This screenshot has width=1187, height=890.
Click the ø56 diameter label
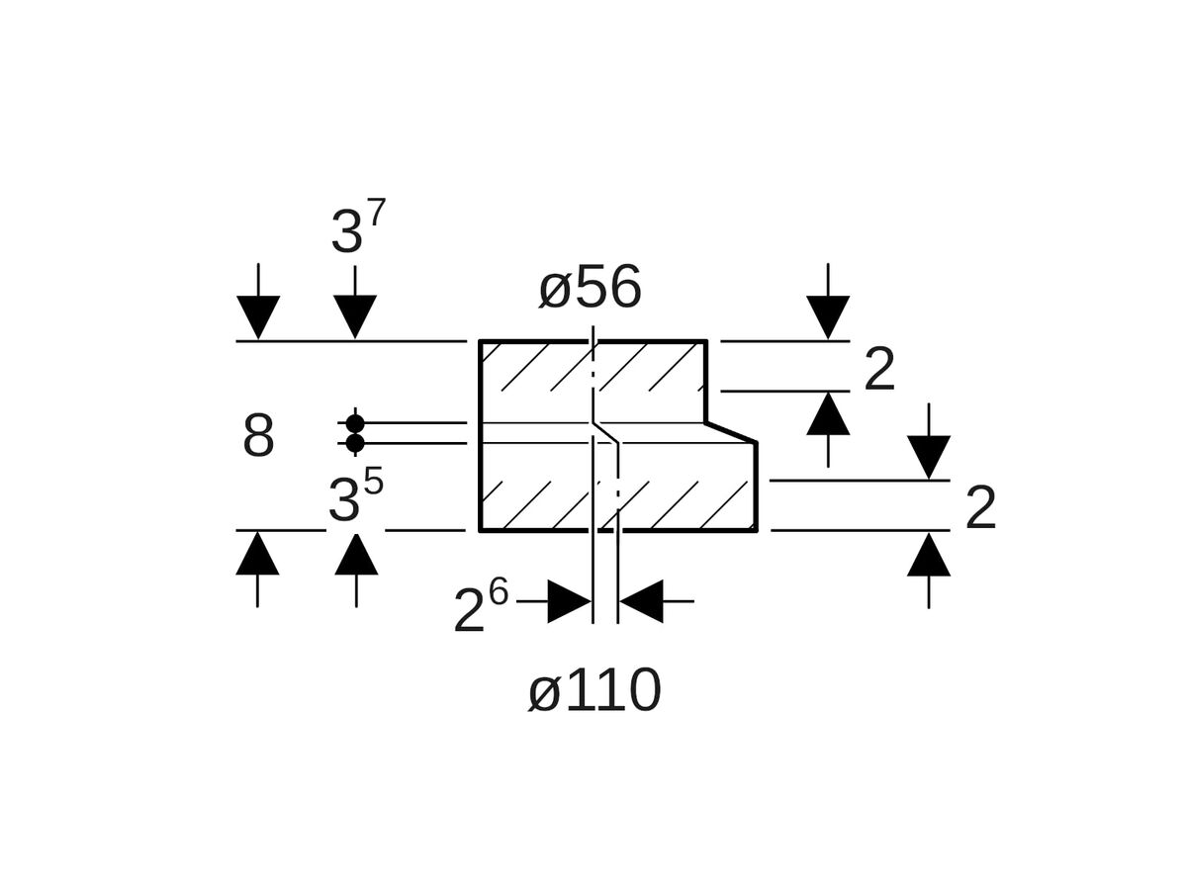pos(590,288)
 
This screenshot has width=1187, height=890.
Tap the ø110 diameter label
pos(594,690)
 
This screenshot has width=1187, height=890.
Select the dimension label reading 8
pos(258,435)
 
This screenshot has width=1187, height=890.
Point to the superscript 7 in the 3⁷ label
pos(376,213)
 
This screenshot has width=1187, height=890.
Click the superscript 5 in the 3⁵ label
pos(373,482)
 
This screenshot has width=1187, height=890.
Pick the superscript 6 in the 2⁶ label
pos(498,592)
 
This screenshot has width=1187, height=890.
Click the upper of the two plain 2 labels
pos(879,370)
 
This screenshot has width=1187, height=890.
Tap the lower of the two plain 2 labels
pos(980,508)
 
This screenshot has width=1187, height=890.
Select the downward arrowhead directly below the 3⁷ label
pos(355,316)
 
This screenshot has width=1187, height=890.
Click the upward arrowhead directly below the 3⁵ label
pos(356,555)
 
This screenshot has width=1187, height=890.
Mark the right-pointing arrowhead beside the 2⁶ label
pos(569,601)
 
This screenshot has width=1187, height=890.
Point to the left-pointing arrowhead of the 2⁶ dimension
pos(642,601)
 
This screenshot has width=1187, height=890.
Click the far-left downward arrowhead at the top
pos(258,316)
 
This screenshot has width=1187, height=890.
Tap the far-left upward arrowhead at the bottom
pos(257,554)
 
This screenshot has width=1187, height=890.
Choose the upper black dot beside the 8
pos(355,423)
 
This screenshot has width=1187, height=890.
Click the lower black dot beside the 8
pos(355,443)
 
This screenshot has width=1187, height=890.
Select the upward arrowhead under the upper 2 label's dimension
pos(828,414)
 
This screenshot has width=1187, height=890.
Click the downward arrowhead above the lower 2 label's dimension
pos(929,457)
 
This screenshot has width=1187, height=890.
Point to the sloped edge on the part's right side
pos(731,432)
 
